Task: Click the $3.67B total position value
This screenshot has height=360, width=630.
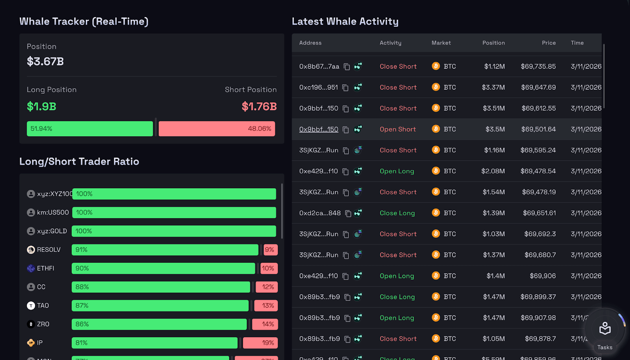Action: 45,61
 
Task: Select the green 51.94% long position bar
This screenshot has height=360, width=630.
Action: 90,129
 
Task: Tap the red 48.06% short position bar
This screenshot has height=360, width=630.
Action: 217,129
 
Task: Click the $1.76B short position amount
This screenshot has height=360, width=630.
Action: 259,106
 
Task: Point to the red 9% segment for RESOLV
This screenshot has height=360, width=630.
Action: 270,250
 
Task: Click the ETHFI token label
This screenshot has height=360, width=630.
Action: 45,268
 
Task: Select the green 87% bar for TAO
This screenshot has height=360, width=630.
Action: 160,306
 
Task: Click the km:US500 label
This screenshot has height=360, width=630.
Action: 53,212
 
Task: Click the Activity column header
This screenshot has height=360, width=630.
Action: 390,43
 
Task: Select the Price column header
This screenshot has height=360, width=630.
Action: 548,43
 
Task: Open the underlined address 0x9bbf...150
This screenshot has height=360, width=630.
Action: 319,129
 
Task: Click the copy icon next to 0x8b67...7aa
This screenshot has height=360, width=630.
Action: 346,67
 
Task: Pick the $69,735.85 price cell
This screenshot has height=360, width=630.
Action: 538,67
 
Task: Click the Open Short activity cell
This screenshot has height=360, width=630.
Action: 398,129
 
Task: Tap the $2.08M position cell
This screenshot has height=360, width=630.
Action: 493,171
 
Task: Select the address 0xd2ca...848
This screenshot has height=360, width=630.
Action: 320,213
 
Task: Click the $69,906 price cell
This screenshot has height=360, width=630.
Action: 543,276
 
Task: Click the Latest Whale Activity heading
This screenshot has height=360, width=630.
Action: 345,22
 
